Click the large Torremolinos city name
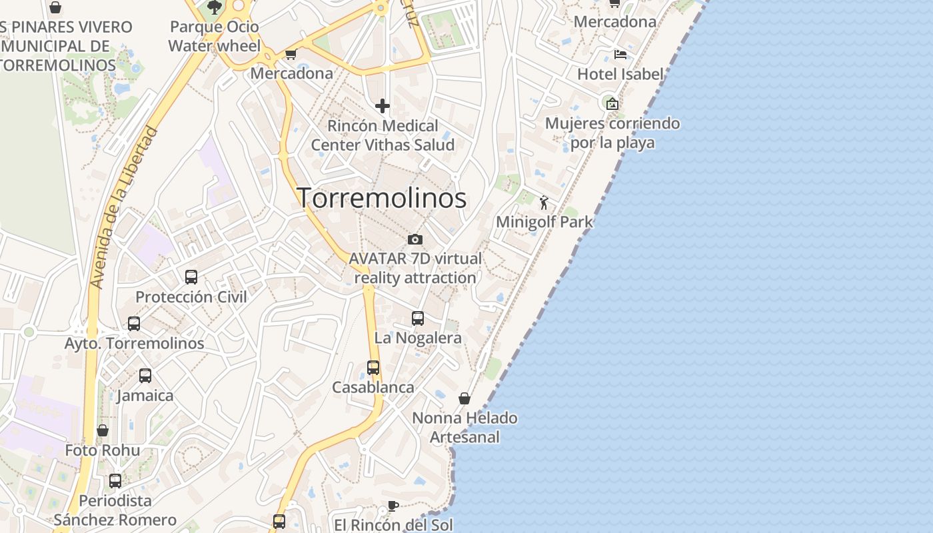pyautogui.click(x=382, y=198)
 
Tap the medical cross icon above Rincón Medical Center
pyautogui.click(x=383, y=106)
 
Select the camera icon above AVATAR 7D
pyautogui.click(x=415, y=239)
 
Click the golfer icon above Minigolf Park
pyautogui.click(x=544, y=202)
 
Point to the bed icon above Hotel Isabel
pyautogui.click(x=620, y=55)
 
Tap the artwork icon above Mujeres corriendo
pyautogui.click(x=612, y=104)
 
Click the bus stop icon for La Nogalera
pyautogui.click(x=418, y=318)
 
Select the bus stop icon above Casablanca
pyautogui.click(x=373, y=368)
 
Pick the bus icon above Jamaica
pyautogui.click(x=145, y=376)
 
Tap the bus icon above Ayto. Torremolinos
pyautogui.click(x=134, y=324)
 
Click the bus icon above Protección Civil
pyautogui.click(x=191, y=277)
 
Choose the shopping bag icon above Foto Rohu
pyautogui.click(x=103, y=430)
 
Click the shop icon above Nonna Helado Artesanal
pyautogui.click(x=465, y=398)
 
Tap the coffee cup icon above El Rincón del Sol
pyautogui.click(x=393, y=506)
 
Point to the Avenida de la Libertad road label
pyautogui.click(x=124, y=207)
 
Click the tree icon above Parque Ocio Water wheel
pyautogui.click(x=215, y=7)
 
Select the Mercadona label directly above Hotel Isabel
pyautogui.click(x=614, y=22)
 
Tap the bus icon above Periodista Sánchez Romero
pyautogui.click(x=115, y=480)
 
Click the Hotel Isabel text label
pyautogui.click(x=620, y=74)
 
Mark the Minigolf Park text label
pyautogui.click(x=544, y=222)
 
